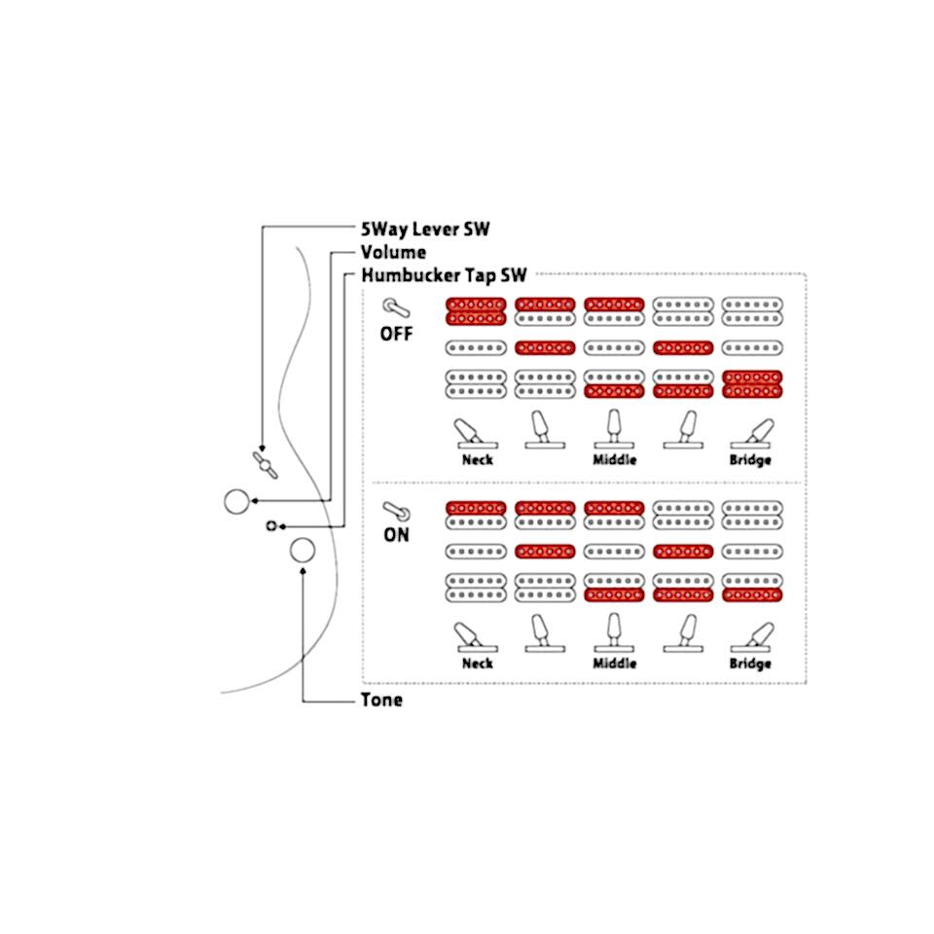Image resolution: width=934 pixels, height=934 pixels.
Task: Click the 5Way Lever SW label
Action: (x=425, y=229)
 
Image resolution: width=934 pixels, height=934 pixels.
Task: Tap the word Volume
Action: (x=394, y=252)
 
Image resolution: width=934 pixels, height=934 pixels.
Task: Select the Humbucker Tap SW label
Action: (x=445, y=275)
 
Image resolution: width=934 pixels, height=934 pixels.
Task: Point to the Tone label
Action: (x=381, y=700)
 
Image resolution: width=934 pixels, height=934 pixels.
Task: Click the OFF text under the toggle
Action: (x=397, y=334)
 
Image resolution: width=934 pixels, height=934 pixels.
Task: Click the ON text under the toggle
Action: (x=397, y=535)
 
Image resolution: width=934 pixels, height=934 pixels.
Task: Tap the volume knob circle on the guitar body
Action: (x=236, y=502)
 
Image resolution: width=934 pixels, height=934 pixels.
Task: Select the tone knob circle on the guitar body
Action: (x=303, y=551)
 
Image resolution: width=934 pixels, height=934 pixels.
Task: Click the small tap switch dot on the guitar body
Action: (x=271, y=526)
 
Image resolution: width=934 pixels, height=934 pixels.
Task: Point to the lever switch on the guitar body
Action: (x=265, y=465)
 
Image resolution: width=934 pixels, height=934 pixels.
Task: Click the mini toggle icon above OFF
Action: (x=396, y=308)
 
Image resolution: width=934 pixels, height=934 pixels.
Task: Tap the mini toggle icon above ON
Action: (x=396, y=511)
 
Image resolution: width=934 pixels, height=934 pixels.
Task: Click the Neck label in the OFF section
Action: (x=478, y=460)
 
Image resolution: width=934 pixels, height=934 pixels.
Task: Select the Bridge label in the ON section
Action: (x=750, y=664)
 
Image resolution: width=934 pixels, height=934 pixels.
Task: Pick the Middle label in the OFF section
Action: (x=615, y=460)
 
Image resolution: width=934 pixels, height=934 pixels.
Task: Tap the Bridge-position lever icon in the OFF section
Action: (x=751, y=433)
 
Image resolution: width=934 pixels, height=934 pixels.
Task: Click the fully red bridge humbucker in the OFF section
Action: (x=752, y=384)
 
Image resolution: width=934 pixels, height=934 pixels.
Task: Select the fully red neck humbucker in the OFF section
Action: (x=476, y=311)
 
